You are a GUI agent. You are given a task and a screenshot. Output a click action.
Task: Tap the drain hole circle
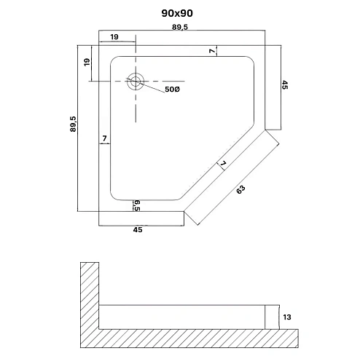point(136,82)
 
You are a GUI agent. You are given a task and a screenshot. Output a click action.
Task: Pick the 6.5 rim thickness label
point(137,205)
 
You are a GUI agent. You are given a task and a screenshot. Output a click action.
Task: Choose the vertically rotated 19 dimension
point(86,63)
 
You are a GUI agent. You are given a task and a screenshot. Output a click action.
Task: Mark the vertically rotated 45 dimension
point(285,85)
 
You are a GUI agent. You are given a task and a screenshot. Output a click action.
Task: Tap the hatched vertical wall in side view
point(89,298)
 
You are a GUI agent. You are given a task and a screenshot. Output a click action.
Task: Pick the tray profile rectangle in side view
point(182,316)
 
